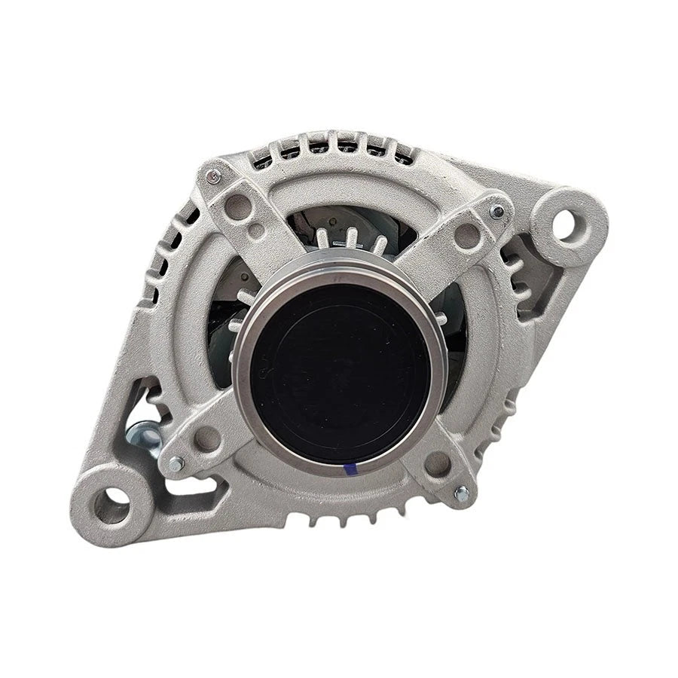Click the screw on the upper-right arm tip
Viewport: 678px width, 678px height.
coord(497,212)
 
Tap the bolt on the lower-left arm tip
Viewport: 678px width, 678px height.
coord(176,464)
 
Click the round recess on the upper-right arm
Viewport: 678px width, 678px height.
coord(467,235)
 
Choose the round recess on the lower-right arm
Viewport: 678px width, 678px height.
coord(437,463)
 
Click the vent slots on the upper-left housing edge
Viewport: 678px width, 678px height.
coord(166,249)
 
